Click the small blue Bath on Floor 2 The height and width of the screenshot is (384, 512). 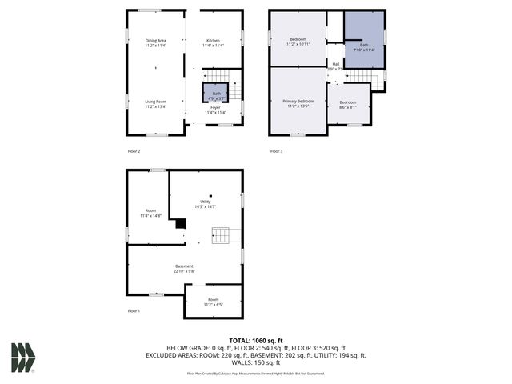(x=215, y=94)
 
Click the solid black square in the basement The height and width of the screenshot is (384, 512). (x=181, y=225)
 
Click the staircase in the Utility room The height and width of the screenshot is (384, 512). (x=226, y=235)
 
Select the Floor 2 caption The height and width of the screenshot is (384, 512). (x=134, y=151)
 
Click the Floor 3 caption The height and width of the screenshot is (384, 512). (x=276, y=151)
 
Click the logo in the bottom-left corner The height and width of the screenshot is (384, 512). (x=23, y=358)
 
